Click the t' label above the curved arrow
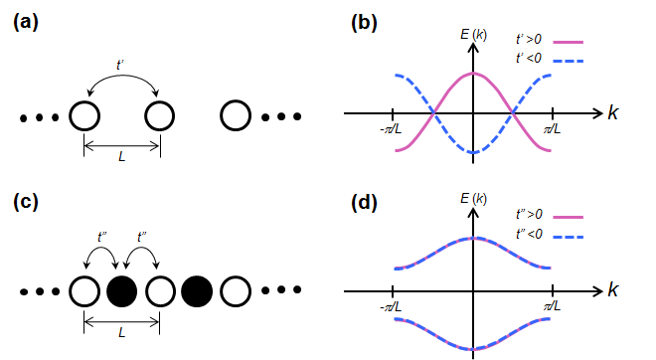pos(121,65)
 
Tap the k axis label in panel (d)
pos(613,292)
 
